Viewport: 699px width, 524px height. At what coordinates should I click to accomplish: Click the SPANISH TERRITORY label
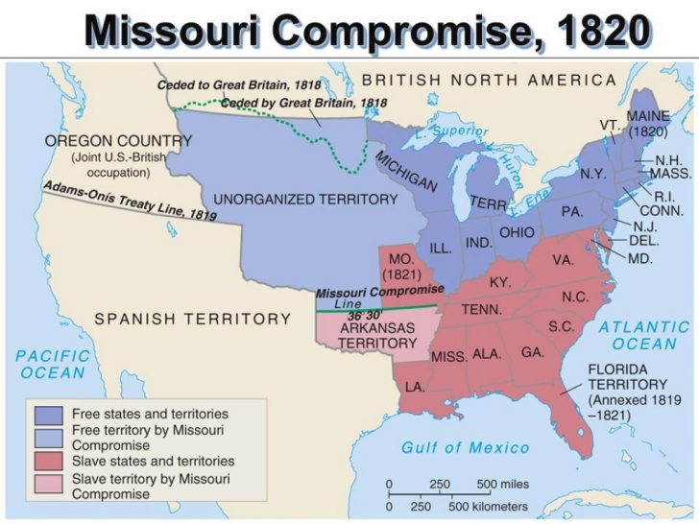click(x=192, y=319)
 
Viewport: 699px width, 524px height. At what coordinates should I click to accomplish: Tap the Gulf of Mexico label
click(x=466, y=447)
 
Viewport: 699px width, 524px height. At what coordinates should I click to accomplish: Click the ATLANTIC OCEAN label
click(x=644, y=335)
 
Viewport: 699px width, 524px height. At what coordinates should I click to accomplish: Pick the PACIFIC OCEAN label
click(x=53, y=364)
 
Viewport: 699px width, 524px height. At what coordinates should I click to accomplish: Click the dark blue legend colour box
click(x=46, y=415)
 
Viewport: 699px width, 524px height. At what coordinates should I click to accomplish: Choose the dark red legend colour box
click(x=46, y=461)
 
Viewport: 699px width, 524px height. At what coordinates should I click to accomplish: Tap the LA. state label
click(x=415, y=386)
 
